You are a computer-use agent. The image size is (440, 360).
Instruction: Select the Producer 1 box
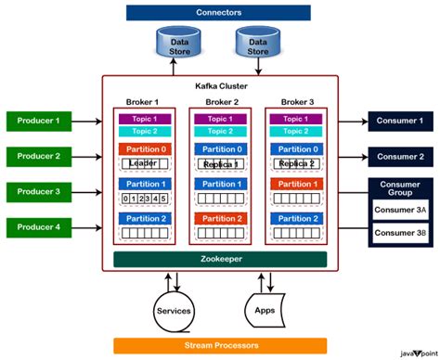pos(38,121)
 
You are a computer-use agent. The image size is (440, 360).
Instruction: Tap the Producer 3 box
pos(38,192)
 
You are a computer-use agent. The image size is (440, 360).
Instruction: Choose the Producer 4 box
pos(38,227)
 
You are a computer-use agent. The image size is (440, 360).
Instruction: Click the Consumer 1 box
pos(401,121)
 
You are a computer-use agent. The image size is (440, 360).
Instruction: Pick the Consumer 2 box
pos(401,157)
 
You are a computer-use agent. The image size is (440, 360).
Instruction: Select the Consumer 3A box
pos(401,210)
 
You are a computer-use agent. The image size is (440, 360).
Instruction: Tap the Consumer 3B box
pos(401,233)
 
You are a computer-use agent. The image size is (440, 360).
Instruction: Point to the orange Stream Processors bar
pos(219,345)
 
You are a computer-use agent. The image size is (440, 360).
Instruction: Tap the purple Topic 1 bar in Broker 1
pos(144,119)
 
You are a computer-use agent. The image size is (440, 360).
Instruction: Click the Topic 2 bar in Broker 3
pos(295,132)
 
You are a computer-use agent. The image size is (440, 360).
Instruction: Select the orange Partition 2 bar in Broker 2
pos(220,219)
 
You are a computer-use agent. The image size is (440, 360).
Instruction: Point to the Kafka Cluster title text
pos(220,85)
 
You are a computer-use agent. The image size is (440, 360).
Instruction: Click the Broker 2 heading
pos(220,101)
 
